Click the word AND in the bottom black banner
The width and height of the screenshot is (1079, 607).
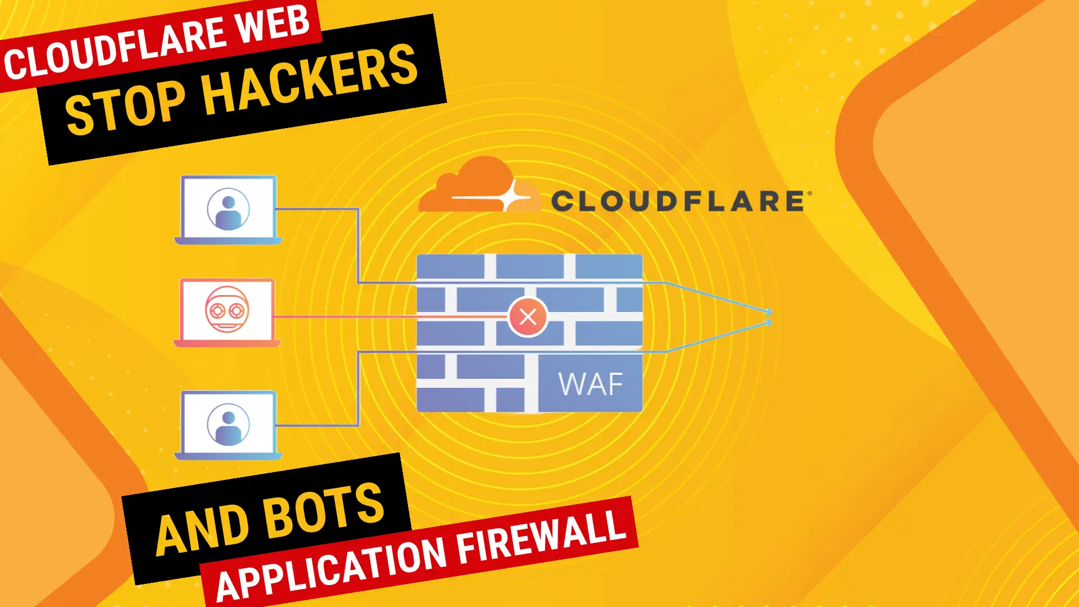pyautogui.click(x=202, y=529)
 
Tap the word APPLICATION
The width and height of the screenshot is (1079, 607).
pyautogui.click(x=332, y=568)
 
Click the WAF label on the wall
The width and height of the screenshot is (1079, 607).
pyautogui.click(x=590, y=384)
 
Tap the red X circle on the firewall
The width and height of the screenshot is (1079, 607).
pyautogui.click(x=528, y=317)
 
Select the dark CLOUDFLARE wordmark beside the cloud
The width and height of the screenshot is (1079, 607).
pyautogui.click(x=677, y=201)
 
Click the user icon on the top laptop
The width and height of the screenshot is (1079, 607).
pyautogui.click(x=228, y=209)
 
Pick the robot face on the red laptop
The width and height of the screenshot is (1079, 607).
pyautogui.click(x=227, y=309)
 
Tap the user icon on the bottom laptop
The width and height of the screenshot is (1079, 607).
pyautogui.click(x=228, y=424)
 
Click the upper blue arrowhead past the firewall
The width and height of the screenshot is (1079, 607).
pyautogui.click(x=768, y=311)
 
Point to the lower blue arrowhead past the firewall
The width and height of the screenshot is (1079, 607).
pyautogui.click(x=768, y=323)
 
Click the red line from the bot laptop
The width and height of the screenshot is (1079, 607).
pyautogui.click(x=388, y=317)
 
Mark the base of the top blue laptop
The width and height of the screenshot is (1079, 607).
pyautogui.click(x=228, y=241)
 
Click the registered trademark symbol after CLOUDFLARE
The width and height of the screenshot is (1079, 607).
pyautogui.click(x=810, y=193)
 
